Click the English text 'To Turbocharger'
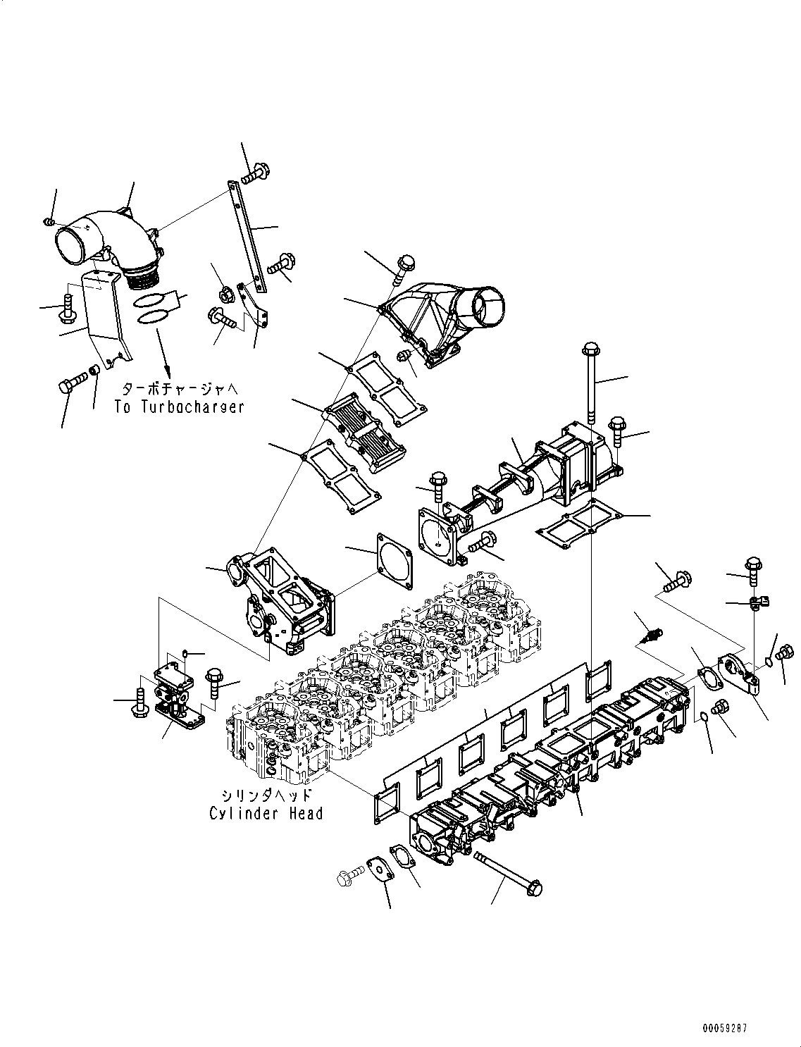pyautogui.click(x=180, y=407)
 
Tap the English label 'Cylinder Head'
pyautogui.click(x=266, y=813)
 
